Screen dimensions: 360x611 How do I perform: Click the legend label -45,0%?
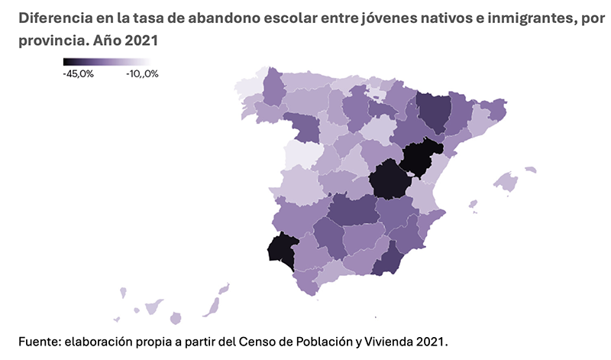point(78,73)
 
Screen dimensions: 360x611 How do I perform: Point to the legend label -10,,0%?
point(142,73)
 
